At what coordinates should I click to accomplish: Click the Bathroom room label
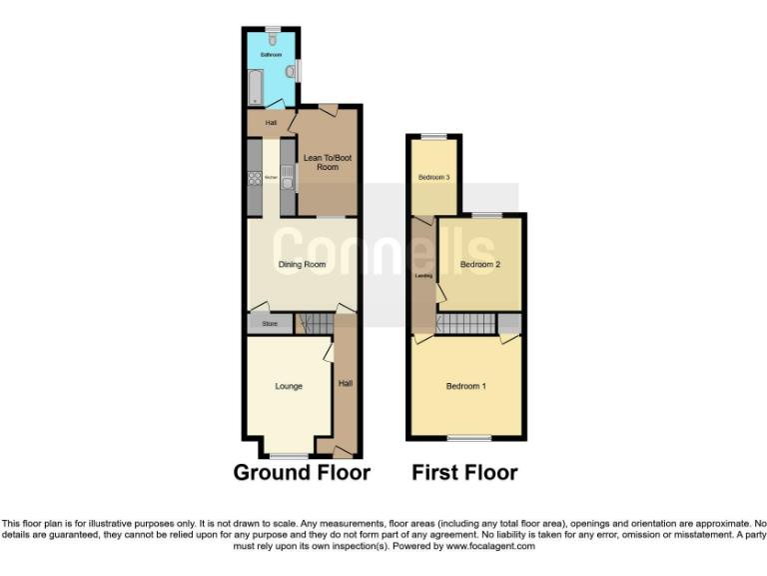pyautogui.click(x=272, y=54)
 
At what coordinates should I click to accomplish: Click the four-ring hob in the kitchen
pyautogui.click(x=254, y=180)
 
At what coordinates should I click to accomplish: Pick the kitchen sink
pyautogui.click(x=287, y=179)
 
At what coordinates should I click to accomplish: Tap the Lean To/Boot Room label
pyautogui.click(x=328, y=162)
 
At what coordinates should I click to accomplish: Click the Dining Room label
pyautogui.click(x=302, y=264)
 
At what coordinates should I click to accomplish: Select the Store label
pyautogui.click(x=269, y=324)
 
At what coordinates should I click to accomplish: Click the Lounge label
pyautogui.click(x=289, y=386)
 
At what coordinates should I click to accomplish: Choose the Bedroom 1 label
pyautogui.click(x=465, y=386)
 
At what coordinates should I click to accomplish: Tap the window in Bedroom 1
pyautogui.click(x=468, y=438)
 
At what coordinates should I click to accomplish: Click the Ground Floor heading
pyautogui.click(x=302, y=472)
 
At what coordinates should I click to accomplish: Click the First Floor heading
pyautogui.click(x=464, y=472)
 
